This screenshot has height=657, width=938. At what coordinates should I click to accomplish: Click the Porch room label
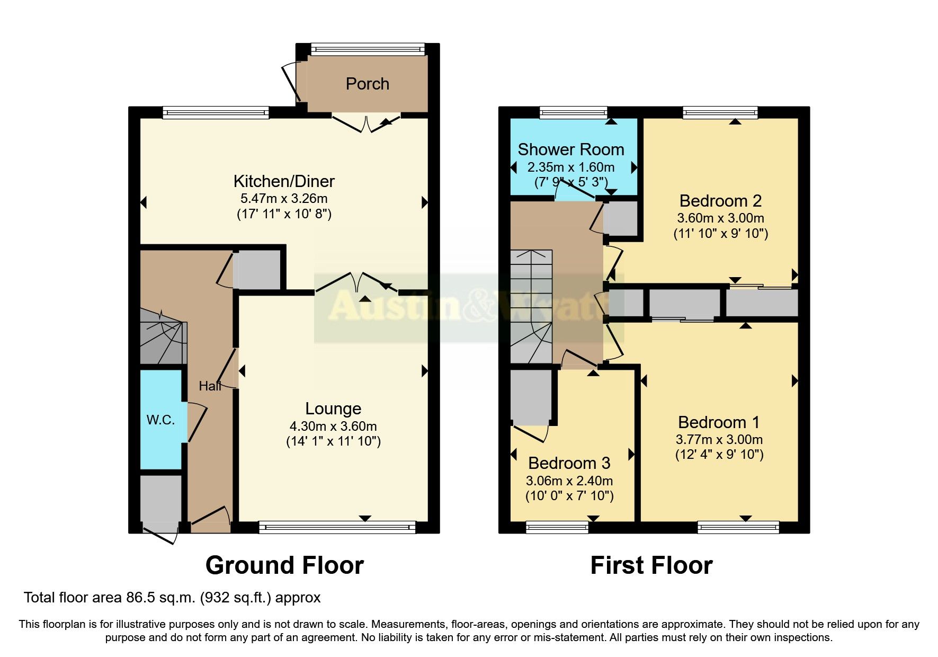(x=367, y=84)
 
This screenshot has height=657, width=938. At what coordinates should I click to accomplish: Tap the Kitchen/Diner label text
(x=284, y=181)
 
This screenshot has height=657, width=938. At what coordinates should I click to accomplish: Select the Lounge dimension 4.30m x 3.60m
(x=333, y=426)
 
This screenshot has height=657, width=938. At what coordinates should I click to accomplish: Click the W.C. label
(x=160, y=420)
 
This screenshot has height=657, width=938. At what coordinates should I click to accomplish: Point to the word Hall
(x=210, y=386)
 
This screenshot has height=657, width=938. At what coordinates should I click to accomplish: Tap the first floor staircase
(x=531, y=307)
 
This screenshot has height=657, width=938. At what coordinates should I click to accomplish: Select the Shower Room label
(x=570, y=149)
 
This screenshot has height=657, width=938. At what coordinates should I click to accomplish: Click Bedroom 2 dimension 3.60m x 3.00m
(x=720, y=218)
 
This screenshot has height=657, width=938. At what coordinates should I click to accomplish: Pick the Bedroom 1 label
(x=719, y=422)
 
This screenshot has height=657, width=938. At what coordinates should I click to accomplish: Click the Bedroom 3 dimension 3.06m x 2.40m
(x=569, y=481)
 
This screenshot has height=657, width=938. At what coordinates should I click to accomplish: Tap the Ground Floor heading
(x=284, y=565)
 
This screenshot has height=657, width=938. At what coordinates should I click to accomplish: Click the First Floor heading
(x=651, y=565)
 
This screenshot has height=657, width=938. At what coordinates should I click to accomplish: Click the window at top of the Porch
(x=368, y=50)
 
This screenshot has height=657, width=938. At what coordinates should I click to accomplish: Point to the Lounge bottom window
(x=337, y=527)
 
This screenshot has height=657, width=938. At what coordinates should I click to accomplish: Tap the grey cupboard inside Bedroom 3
(x=530, y=397)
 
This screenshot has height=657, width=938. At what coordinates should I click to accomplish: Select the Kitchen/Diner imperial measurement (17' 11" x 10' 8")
(x=284, y=214)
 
